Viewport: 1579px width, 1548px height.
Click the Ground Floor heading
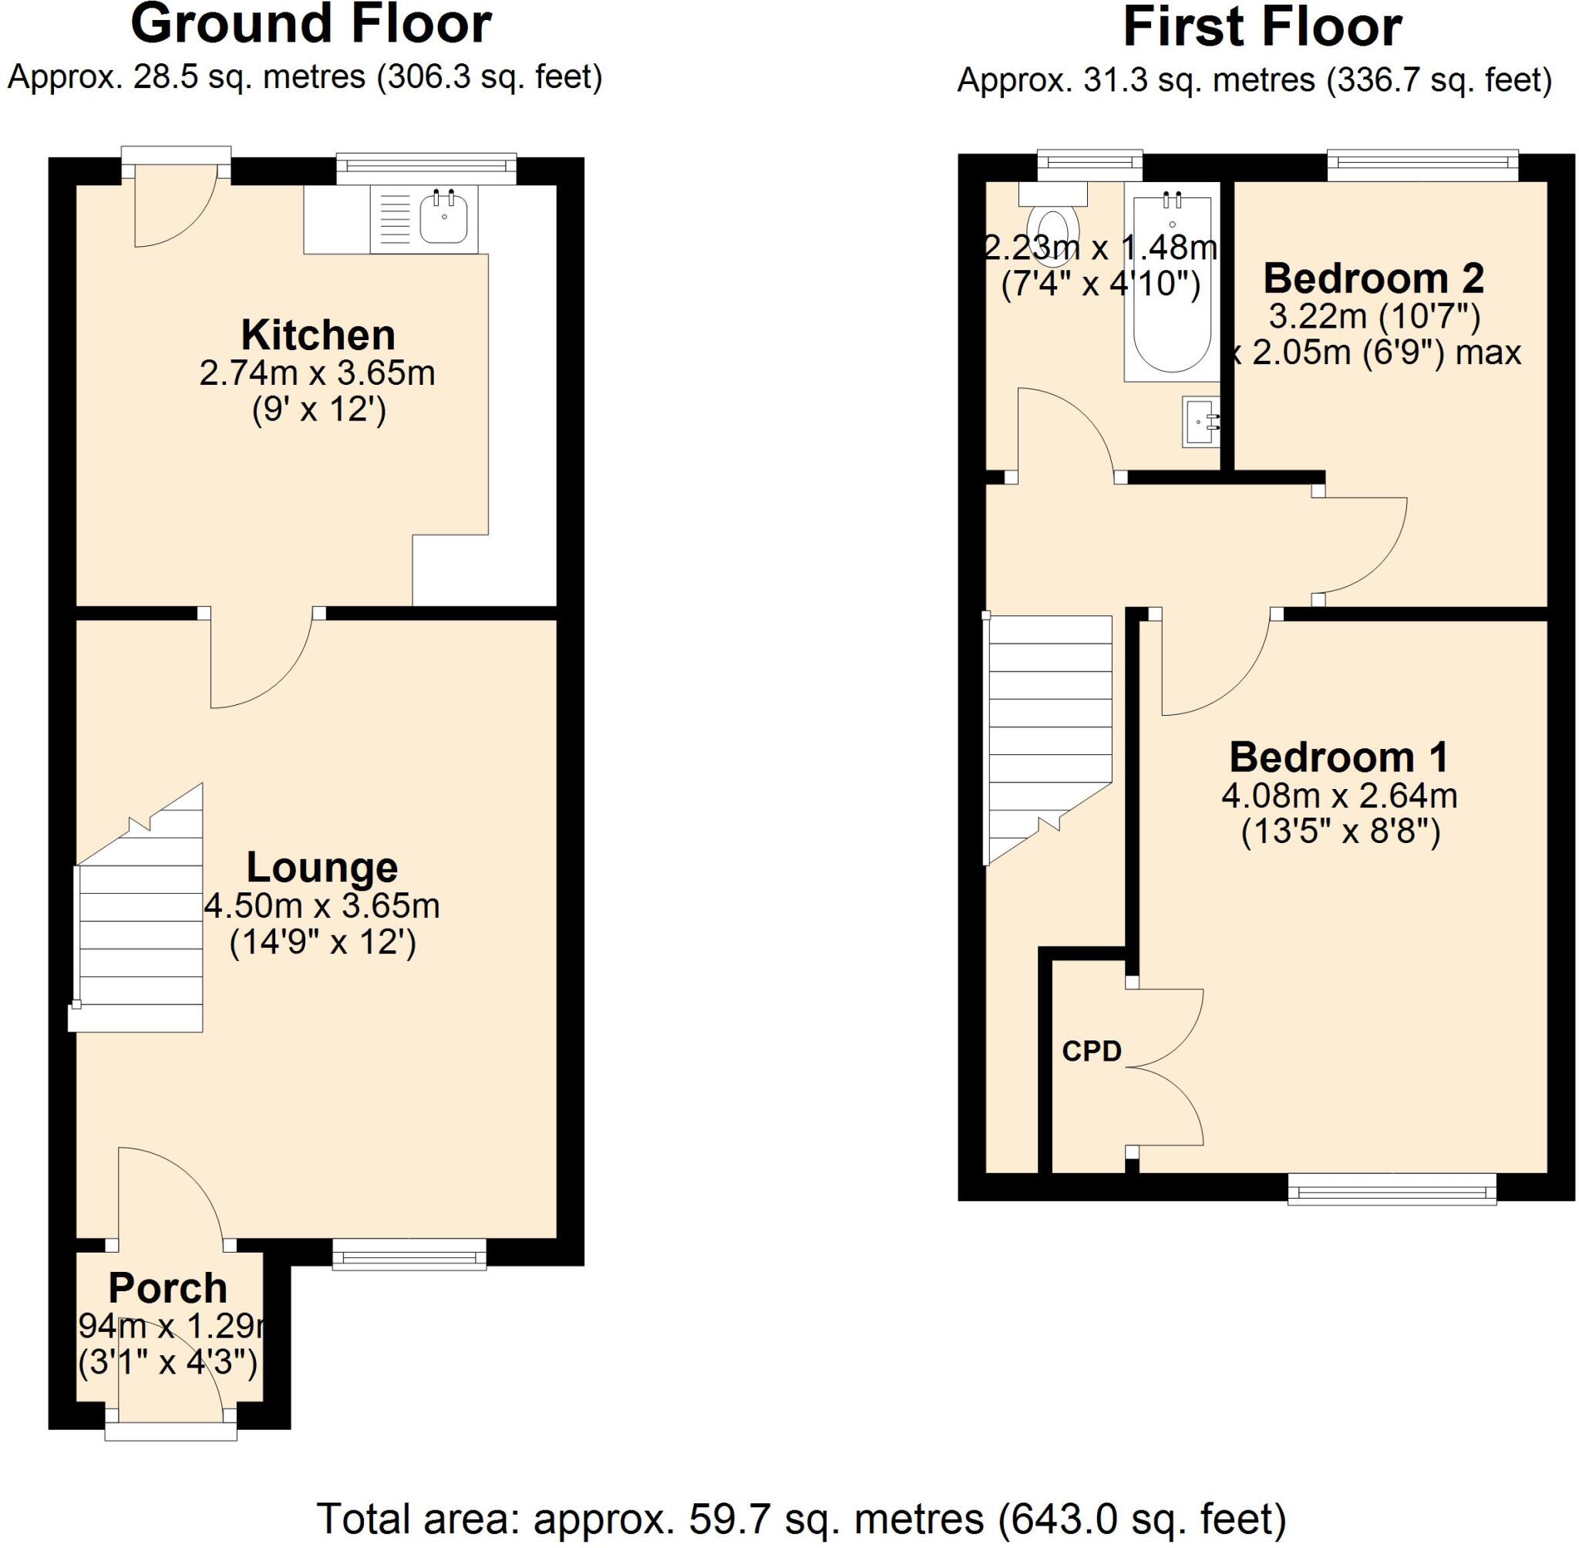click(x=311, y=25)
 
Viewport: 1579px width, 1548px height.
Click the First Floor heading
click(x=1262, y=28)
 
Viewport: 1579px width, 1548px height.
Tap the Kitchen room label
click(x=318, y=335)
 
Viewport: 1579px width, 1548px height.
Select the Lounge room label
click(x=322, y=868)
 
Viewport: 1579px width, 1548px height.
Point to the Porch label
click(x=167, y=1288)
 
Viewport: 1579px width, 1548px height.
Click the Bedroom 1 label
click(x=1338, y=757)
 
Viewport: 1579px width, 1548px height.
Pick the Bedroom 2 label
click(x=1373, y=279)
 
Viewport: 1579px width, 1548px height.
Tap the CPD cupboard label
click(x=1092, y=1051)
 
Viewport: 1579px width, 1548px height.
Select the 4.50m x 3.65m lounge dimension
click(x=322, y=906)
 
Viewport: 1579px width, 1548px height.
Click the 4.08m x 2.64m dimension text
click(x=1339, y=795)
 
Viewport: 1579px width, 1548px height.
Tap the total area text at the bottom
click(x=800, y=1519)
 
